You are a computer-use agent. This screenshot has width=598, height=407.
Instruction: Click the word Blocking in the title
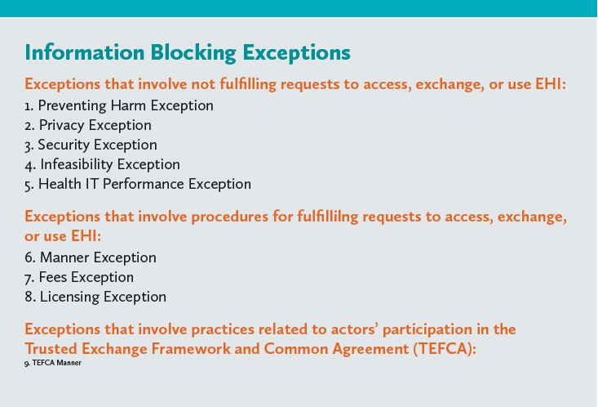(x=193, y=53)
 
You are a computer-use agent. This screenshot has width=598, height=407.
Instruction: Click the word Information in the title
(x=85, y=52)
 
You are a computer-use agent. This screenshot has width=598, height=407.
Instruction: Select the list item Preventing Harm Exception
(x=119, y=106)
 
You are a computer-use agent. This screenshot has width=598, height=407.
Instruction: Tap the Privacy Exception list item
(x=88, y=125)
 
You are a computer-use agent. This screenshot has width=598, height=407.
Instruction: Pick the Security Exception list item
(x=91, y=145)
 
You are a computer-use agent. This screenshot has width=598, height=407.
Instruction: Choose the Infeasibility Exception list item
(x=102, y=165)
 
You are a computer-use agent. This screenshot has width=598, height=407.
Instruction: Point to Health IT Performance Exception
(x=138, y=184)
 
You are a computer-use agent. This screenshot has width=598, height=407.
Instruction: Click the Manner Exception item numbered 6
(x=91, y=257)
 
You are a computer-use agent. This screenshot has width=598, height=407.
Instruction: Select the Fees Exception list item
(x=79, y=277)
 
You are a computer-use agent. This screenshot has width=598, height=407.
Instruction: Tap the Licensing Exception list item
(x=95, y=297)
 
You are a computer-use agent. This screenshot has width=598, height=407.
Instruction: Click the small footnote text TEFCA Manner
(x=53, y=363)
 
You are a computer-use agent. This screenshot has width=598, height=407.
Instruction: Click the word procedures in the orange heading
(x=229, y=217)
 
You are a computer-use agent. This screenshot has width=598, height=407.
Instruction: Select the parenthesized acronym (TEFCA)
(x=445, y=349)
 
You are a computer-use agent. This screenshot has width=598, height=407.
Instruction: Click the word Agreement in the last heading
(x=370, y=350)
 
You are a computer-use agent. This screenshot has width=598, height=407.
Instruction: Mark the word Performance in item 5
(x=144, y=184)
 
